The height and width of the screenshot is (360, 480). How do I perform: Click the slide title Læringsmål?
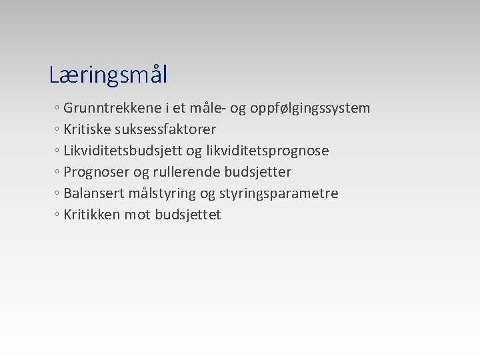coord(108,75)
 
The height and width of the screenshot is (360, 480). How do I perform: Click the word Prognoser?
coord(97,172)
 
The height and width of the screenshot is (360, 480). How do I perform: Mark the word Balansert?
coord(94,193)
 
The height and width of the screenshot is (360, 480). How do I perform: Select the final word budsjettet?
coord(188,215)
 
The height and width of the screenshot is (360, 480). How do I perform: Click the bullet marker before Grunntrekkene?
coord(58,109)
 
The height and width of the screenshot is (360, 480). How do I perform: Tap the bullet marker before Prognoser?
coord(58,173)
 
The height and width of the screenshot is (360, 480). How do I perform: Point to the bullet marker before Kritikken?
coord(58,215)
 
